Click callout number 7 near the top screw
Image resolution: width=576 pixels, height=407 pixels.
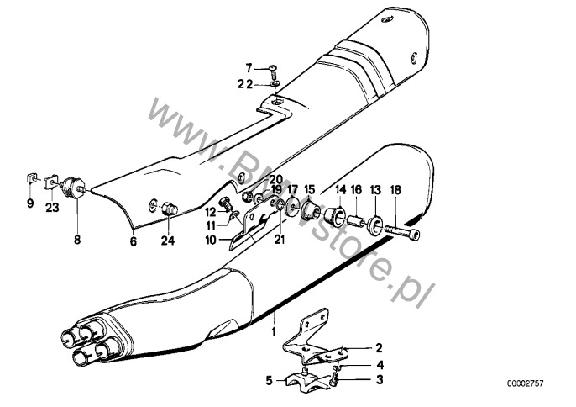pyautogui.click(x=249, y=67)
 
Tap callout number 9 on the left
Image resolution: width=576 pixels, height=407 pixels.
pyautogui.click(x=29, y=203)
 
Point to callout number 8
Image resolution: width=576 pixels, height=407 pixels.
pyautogui.click(x=77, y=239)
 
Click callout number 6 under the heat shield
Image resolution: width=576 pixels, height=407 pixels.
pyautogui.click(x=132, y=241)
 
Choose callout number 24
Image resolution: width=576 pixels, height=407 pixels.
pyautogui.click(x=169, y=241)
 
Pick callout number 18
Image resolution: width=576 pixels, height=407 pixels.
pyautogui.click(x=395, y=190)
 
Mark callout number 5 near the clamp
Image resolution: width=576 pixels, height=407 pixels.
pyautogui.click(x=270, y=380)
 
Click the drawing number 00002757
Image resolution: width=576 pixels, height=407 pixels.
pyautogui.click(x=526, y=383)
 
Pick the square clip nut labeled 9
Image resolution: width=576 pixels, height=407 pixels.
pyautogui.click(x=29, y=179)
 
